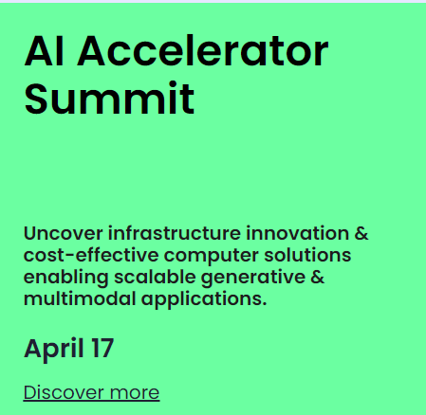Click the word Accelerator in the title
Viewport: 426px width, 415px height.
[203, 51]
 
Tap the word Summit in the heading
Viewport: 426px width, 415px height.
[109, 98]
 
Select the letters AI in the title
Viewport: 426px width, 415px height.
[44, 51]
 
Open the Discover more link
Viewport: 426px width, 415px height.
[91, 393]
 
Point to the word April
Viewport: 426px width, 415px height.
[53, 350]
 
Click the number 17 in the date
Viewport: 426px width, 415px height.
[102, 348]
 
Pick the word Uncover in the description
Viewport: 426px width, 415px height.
[64, 233]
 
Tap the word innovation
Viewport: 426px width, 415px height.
[297, 233]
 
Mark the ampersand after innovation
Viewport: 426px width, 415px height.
[361, 233]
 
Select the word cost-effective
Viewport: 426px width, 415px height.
[91, 255]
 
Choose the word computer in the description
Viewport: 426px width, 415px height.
[212, 256]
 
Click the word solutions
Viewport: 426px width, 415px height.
[307, 255]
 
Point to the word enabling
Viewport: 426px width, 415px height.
[66, 278]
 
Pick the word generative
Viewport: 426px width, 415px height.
[253, 278]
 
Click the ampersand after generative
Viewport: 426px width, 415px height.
[318, 277]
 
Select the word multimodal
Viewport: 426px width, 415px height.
[80, 298]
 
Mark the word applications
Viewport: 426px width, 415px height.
[204, 299]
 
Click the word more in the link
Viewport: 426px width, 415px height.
[135, 392]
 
